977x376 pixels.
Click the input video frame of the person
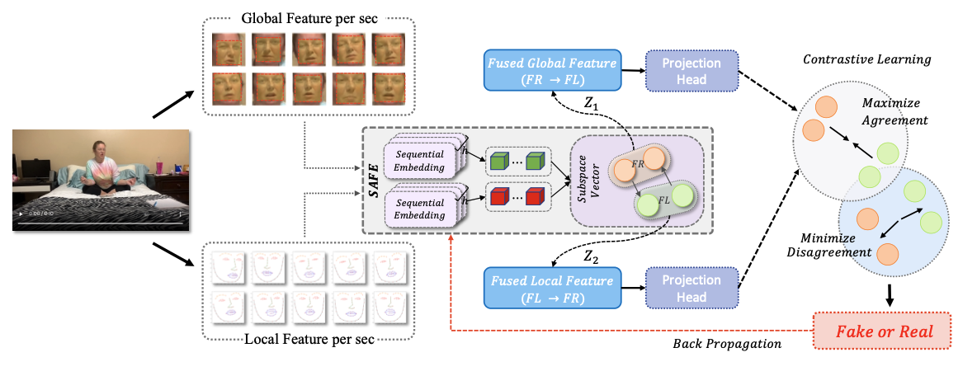tap(99, 179)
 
